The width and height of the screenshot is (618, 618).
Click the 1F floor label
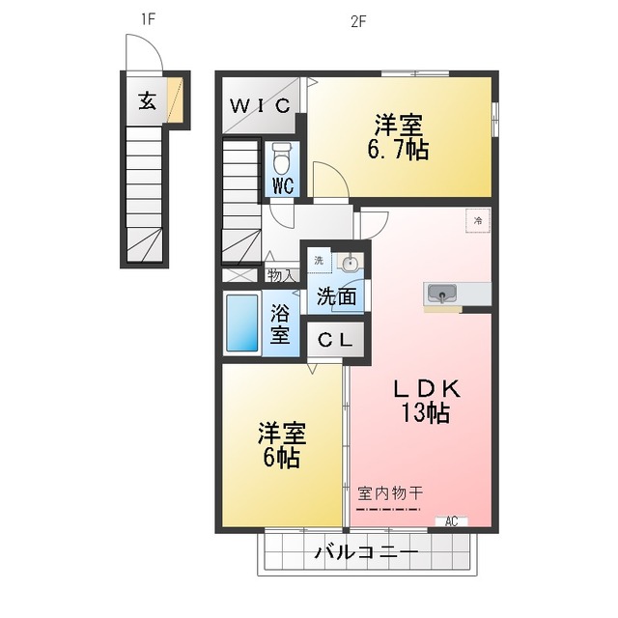click(148, 19)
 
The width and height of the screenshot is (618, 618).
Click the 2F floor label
click(358, 19)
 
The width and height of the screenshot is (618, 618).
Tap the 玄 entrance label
click(147, 100)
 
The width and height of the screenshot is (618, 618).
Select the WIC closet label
click(260, 106)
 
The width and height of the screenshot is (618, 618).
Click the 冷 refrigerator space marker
click(477, 220)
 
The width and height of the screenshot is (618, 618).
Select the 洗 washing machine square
click(319, 261)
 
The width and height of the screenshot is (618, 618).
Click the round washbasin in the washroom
click(351, 264)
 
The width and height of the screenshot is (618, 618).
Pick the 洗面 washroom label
click(337, 297)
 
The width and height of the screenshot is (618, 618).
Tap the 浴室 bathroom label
click(280, 324)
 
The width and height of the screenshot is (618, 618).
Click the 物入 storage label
click(281, 276)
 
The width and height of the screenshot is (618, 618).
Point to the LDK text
click(425, 388)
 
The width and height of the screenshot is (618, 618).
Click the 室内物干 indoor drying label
click(389, 492)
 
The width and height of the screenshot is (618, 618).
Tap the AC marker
click(450, 521)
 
